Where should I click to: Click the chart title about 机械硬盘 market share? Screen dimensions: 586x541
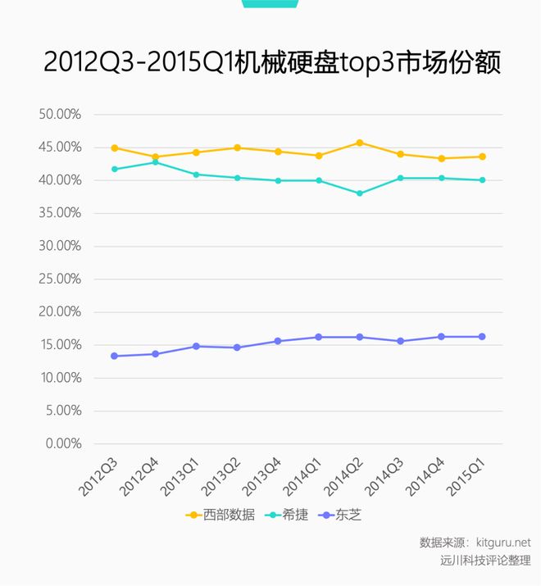click(271, 63)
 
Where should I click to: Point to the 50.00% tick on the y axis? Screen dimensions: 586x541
click(60, 114)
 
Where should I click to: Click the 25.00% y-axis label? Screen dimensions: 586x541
click(60, 279)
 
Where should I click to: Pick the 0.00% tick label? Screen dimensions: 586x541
click(62, 443)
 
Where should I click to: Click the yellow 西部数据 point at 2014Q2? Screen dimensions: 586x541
click(360, 143)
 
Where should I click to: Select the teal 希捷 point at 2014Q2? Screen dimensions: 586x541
click(360, 193)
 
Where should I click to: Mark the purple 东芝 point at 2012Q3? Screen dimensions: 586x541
click(114, 356)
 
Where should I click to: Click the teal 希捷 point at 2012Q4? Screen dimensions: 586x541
click(155, 162)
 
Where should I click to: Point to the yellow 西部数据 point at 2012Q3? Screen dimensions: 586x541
click(114, 148)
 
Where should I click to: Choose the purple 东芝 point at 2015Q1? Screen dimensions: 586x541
click(482, 337)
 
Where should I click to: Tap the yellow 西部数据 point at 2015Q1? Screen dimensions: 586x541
click(482, 157)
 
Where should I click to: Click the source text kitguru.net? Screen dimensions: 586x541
click(503, 543)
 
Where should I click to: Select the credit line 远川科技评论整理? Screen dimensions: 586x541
click(485, 561)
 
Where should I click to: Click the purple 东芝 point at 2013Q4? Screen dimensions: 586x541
click(278, 341)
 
